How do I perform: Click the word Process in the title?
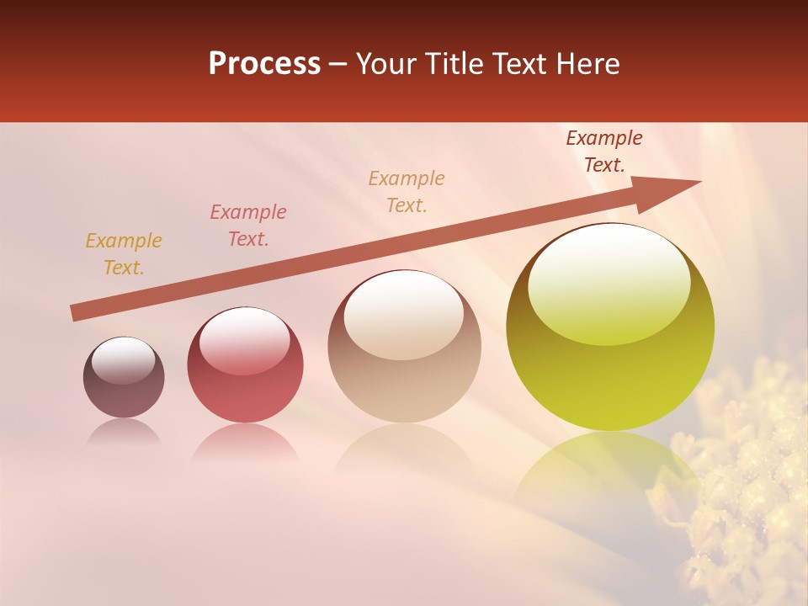pyautogui.click(x=264, y=64)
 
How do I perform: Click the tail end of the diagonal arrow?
pyautogui.click(x=76, y=313)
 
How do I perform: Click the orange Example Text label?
pyautogui.click(x=124, y=254)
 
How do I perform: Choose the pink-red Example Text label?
pyautogui.click(x=248, y=226)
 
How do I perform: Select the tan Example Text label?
pyautogui.click(x=407, y=192)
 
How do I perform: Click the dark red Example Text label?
pyautogui.click(x=604, y=151)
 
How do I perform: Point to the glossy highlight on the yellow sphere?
pyautogui.click(x=609, y=284)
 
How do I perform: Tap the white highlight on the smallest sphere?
pyautogui.click(x=123, y=360)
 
